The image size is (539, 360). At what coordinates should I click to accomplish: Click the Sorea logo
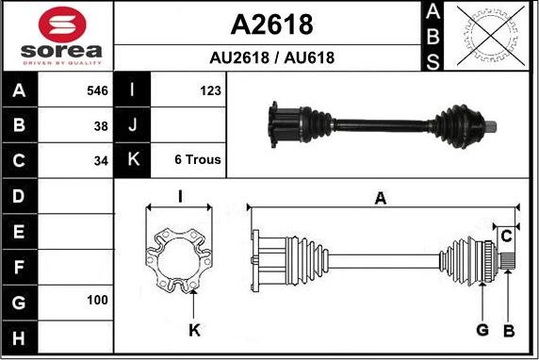coord(57,35)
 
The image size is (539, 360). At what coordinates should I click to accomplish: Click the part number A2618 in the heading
coord(272,24)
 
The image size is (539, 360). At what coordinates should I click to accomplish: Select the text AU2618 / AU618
coord(272,57)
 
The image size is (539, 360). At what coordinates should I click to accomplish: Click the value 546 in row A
coord(97,91)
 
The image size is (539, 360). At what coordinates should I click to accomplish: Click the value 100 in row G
coord(98,300)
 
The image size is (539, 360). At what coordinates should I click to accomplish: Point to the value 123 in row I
coord(210,91)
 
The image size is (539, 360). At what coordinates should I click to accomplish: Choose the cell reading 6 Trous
coord(198,159)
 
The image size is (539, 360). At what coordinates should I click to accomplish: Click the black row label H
coord(19,336)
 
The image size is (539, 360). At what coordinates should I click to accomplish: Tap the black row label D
coord(19,196)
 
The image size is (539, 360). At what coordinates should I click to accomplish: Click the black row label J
coord(132,125)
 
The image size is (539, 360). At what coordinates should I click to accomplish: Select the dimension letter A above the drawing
coord(381,198)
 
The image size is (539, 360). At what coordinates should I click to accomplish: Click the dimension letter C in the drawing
coord(506,235)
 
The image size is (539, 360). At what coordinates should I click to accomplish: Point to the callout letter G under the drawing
coord(482,330)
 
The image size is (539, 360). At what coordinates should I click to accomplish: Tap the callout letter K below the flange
coord(194,330)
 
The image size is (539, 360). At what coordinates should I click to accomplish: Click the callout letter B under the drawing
coord(508,330)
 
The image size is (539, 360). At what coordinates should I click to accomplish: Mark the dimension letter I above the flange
coord(179,196)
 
